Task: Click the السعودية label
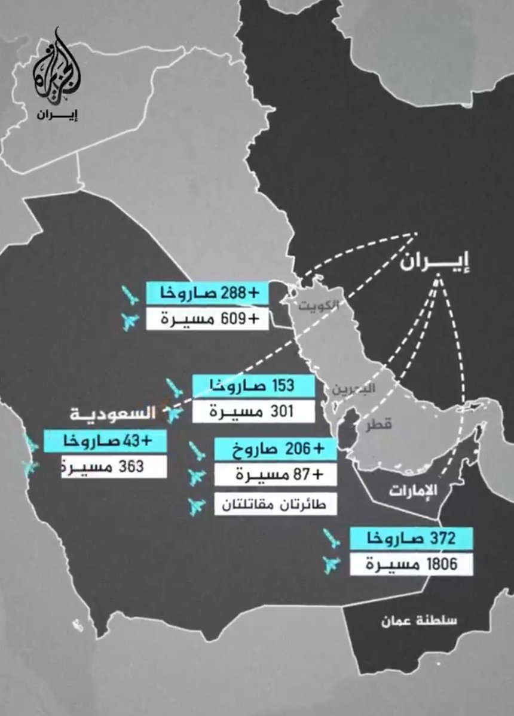click(x=113, y=413)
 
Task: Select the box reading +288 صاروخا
click(x=207, y=293)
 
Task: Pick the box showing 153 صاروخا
click(x=253, y=385)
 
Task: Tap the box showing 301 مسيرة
click(x=253, y=411)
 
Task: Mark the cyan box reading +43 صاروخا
click(x=105, y=441)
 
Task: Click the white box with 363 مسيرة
click(x=105, y=466)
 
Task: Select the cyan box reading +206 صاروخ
click(x=275, y=449)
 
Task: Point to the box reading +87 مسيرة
click(x=275, y=476)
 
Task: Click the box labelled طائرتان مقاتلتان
click(x=275, y=505)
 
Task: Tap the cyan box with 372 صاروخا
click(x=412, y=538)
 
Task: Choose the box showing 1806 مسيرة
click(x=412, y=564)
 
